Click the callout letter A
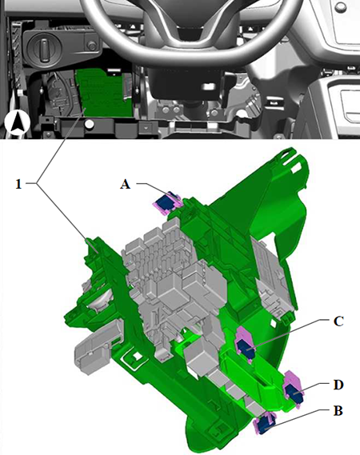click(125, 184)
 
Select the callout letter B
click(338, 410)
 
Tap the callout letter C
click(338, 321)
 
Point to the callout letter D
click(338, 385)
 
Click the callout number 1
click(18, 184)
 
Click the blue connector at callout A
click(166, 202)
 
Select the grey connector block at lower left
click(94, 346)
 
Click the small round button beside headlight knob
click(92, 46)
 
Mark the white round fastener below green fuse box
click(90, 125)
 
